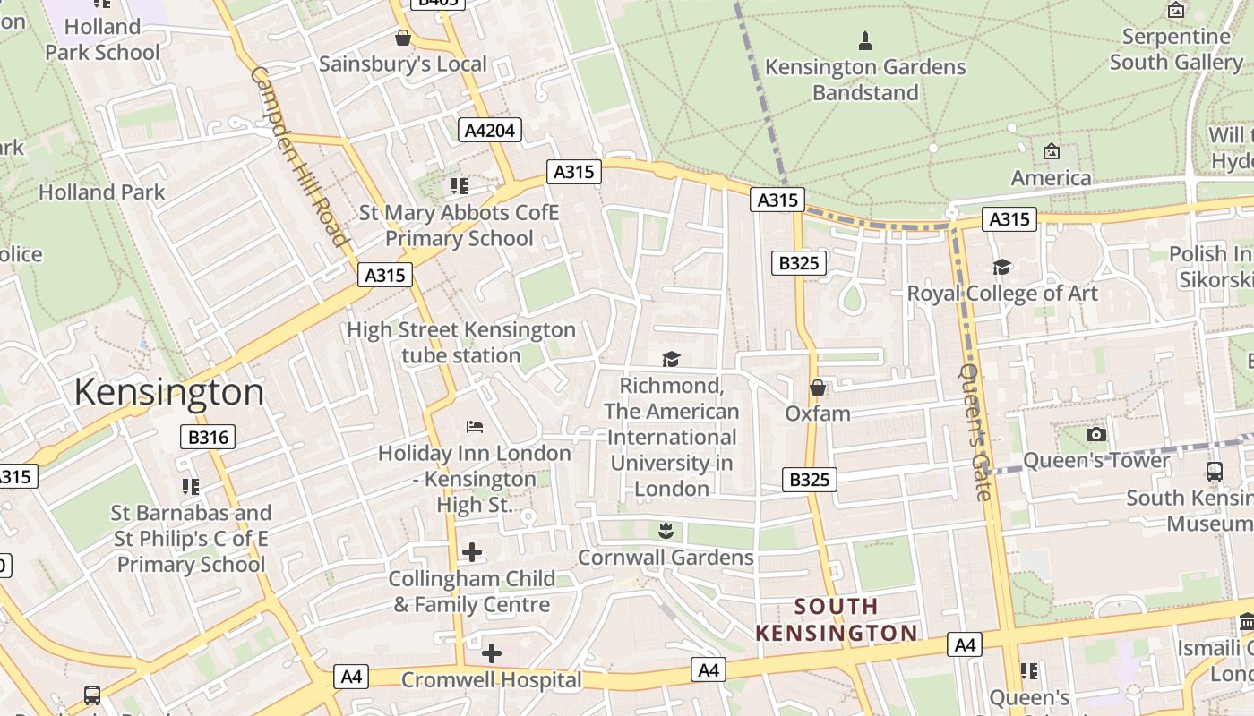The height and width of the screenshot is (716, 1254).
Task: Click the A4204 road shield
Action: tap(490, 130)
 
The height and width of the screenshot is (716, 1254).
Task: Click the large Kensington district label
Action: tap(169, 392)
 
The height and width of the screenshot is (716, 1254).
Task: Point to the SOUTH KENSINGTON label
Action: tap(836, 620)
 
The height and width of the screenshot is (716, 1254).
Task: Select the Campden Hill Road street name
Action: tap(298, 156)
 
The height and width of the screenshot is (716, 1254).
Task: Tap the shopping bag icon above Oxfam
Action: tap(818, 388)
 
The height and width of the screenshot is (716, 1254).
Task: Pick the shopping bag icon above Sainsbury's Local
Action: tap(403, 38)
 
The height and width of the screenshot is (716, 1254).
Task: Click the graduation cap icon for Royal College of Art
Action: tap(1001, 267)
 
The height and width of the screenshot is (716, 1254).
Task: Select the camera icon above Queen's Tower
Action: tap(1095, 434)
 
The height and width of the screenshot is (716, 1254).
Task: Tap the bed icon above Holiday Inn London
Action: tap(475, 426)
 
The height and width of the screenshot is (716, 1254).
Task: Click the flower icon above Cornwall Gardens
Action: tap(665, 531)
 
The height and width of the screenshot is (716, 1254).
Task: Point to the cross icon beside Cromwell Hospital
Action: tap(492, 653)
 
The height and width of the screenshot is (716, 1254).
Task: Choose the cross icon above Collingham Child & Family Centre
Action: tap(472, 552)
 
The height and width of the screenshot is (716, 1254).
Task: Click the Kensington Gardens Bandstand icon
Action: tap(865, 40)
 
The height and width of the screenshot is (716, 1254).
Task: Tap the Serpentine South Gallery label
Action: tap(1176, 49)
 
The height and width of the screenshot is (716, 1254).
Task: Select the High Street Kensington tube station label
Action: tap(461, 343)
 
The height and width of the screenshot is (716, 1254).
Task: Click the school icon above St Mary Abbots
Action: tap(460, 185)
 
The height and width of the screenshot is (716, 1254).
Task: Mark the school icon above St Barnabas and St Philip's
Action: tap(191, 486)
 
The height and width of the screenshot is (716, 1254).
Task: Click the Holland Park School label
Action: tap(103, 39)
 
